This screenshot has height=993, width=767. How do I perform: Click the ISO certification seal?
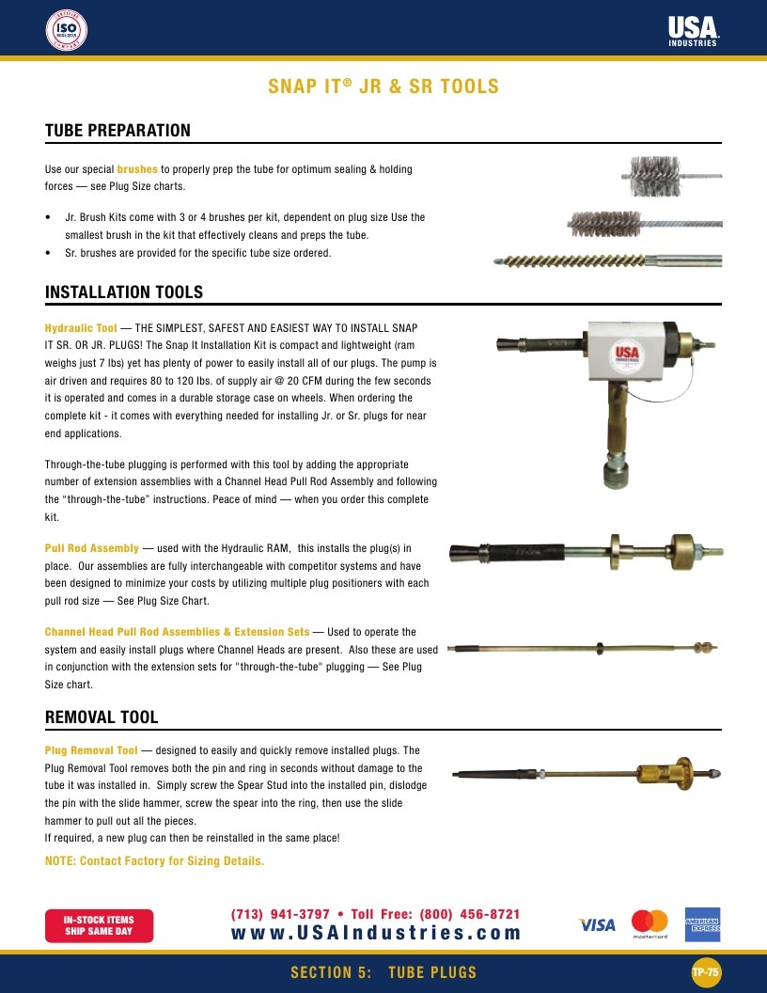tap(67, 30)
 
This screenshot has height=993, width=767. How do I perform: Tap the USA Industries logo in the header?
tap(693, 31)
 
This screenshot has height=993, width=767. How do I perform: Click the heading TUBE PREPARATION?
tap(117, 131)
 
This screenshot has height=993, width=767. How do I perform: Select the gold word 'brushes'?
tap(137, 169)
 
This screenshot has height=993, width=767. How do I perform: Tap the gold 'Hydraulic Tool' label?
tap(81, 328)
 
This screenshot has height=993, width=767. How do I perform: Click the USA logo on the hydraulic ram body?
tap(627, 354)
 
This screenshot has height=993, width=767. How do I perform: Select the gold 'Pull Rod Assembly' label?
tap(92, 548)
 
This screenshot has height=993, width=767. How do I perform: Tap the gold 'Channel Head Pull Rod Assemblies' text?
tap(133, 632)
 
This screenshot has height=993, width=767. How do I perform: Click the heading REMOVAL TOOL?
tap(102, 717)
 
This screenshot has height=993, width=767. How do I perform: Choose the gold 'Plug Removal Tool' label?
tap(91, 750)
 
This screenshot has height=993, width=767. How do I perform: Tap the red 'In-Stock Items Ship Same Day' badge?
tap(99, 926)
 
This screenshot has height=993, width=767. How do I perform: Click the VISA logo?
tap(597, 925)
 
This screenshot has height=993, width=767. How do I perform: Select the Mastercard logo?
tap(650, 923)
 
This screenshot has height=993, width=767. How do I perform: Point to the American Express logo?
tap(702, 924)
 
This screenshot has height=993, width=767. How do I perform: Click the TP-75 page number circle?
tap(705, 972)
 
